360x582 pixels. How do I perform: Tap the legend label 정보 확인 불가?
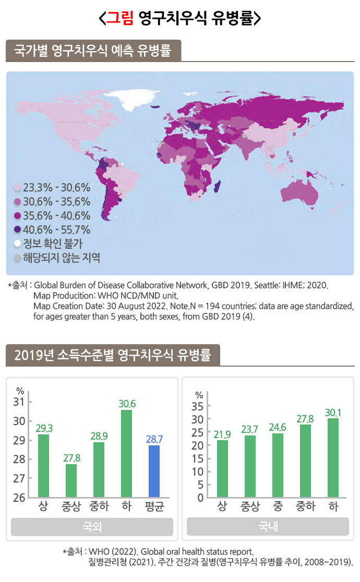pos(53,244)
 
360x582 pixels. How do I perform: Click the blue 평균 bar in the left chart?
pos(154,471)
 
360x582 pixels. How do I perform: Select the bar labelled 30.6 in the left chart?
pos(127,453)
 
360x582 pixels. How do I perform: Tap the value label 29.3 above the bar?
pos(44,428)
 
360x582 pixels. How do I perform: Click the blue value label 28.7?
pos(154,439)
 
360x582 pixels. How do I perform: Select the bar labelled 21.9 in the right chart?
pos(223,468)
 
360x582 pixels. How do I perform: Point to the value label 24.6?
pos(278,427)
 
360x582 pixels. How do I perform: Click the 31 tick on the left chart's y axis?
pos(20,402)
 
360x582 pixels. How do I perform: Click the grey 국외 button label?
pos(92,527)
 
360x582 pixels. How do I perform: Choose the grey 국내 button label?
pos(268,527)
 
